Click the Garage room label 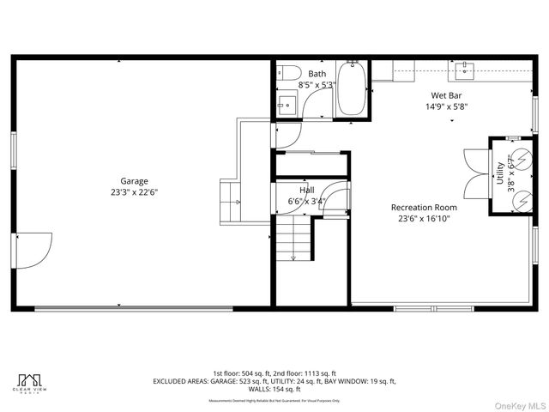[134, 181]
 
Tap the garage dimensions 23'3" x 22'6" [134, 192]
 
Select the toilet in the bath [288, 73]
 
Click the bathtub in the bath [352, 91]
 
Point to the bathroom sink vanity [287, 106]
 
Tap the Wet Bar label [446, 95]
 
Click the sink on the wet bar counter [468, 65]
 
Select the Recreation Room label [424, 207]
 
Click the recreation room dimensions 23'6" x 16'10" [424, 219]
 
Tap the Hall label [307, 190]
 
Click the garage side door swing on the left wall [34, 249]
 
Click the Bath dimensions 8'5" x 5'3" [317, 85]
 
